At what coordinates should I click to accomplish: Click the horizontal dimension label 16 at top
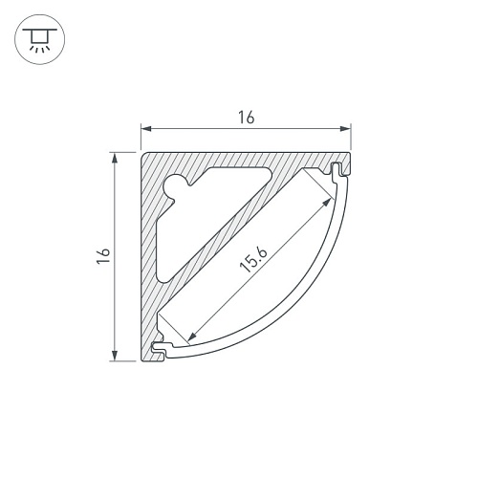247,118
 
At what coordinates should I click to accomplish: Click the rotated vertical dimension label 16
103,255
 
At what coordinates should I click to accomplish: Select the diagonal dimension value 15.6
253,260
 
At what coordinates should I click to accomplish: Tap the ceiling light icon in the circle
40,39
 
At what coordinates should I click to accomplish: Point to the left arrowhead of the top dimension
146,129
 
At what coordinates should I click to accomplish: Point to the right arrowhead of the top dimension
345,129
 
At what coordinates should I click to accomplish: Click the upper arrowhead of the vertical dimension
115,158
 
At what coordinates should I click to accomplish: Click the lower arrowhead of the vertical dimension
115,356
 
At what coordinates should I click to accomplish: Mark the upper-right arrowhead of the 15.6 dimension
327,202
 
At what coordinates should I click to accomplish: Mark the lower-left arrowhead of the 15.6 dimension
191,337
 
